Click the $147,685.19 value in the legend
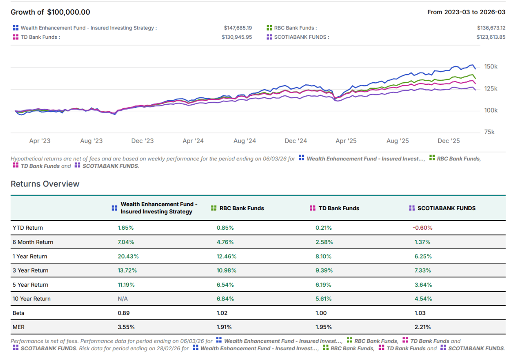pyautogui.click(x=237, y=28)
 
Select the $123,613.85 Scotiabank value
pyautogui.click(x=491, y=37)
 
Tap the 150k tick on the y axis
pyautogui.click(x=491, y=67)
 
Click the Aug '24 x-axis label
pyautogui.click(x=244, y=141)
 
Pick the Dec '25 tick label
pyautogui.click(x=449, y=141)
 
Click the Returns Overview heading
pyautogui.click(x=45, y=184)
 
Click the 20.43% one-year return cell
pyautogui.click(x=127, y=257)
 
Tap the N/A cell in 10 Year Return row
pyautogui.click(x=122, y=299)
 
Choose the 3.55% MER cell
pyautogui.click(x=126, y=327)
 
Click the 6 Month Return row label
pyautogui.click(x=33, y=242)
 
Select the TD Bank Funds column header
pyautogui.click(x=338, y=208)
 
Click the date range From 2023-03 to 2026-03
pyautogui.click(x=466, y=12)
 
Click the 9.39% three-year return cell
pyautogui.click(x=324, y=271)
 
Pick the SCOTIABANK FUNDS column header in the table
pyautogui.click(x=446, y=208)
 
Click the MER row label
pyautogui.click(x=19, y=327)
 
